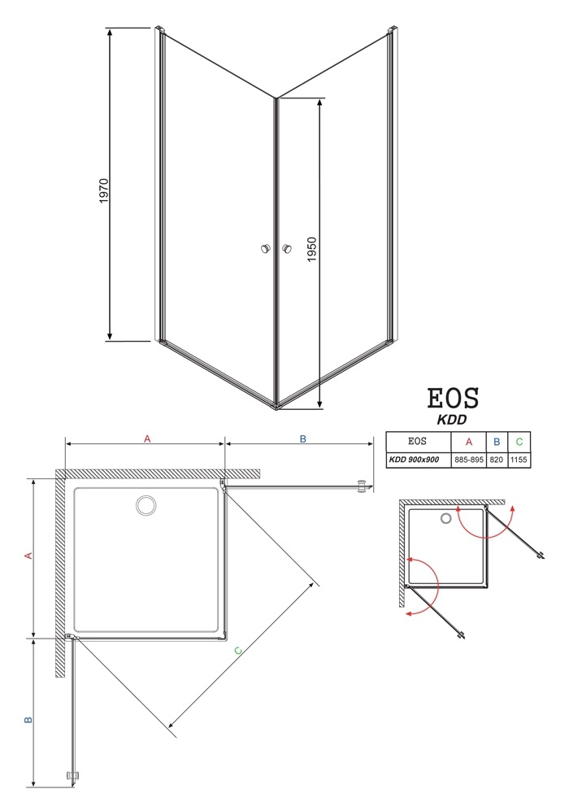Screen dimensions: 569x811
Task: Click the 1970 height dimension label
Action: tap(104, 190)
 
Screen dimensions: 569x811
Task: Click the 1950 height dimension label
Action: tap(311, 249)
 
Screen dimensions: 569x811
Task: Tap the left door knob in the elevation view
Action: tap(266, 249)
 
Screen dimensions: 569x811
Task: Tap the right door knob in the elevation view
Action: tap(286, 249)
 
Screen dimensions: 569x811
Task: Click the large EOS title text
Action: tap(454, 399)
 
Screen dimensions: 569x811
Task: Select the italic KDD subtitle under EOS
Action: tap(452, 420)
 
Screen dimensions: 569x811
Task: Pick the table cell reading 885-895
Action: tap(469, 460)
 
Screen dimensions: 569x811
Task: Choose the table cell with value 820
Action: tap(496, 460)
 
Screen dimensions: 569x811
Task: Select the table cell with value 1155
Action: tap(519, 460)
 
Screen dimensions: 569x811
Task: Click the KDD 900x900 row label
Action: tap(414, 460)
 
